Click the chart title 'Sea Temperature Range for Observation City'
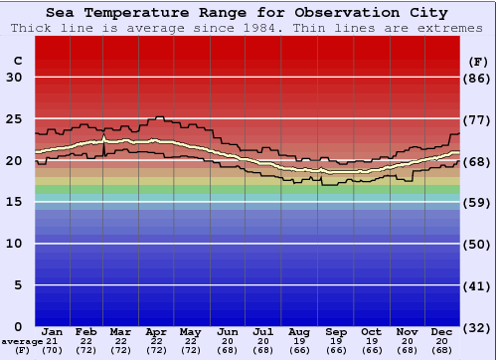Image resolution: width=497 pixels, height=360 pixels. [x=247, y=13]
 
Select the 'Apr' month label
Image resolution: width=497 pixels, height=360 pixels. [x=156, y=331]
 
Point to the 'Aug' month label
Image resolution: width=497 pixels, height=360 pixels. [x=298, y=331]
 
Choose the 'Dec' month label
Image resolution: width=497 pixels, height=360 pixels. [x=442, y=331]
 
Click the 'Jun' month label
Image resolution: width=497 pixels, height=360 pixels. [x=228, y=331]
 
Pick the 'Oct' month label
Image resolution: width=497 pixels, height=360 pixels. [x=371, y=331]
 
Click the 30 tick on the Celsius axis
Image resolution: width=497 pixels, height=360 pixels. [x=14, y=78]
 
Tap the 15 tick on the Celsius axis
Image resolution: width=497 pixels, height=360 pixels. [x=14, y=202]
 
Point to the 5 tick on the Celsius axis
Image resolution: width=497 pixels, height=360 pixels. [x=18, y=284]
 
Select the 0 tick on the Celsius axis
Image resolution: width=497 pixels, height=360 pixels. [x=18, y=326]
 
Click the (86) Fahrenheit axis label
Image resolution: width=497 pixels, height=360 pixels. [x=478, y=78]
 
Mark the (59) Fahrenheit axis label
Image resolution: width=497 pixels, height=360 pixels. [x=478, y=202]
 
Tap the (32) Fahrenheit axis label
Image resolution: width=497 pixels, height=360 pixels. [x=478, y=326]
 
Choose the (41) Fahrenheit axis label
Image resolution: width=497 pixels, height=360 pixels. [x=478, y=284]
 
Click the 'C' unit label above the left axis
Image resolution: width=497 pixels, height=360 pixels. [x=17, y=61]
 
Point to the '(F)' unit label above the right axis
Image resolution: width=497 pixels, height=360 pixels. [x=477, y=61]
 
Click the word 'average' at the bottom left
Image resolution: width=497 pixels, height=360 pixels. [x=22, y=341]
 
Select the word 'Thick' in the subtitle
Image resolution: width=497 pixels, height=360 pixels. [x=30, y=28]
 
